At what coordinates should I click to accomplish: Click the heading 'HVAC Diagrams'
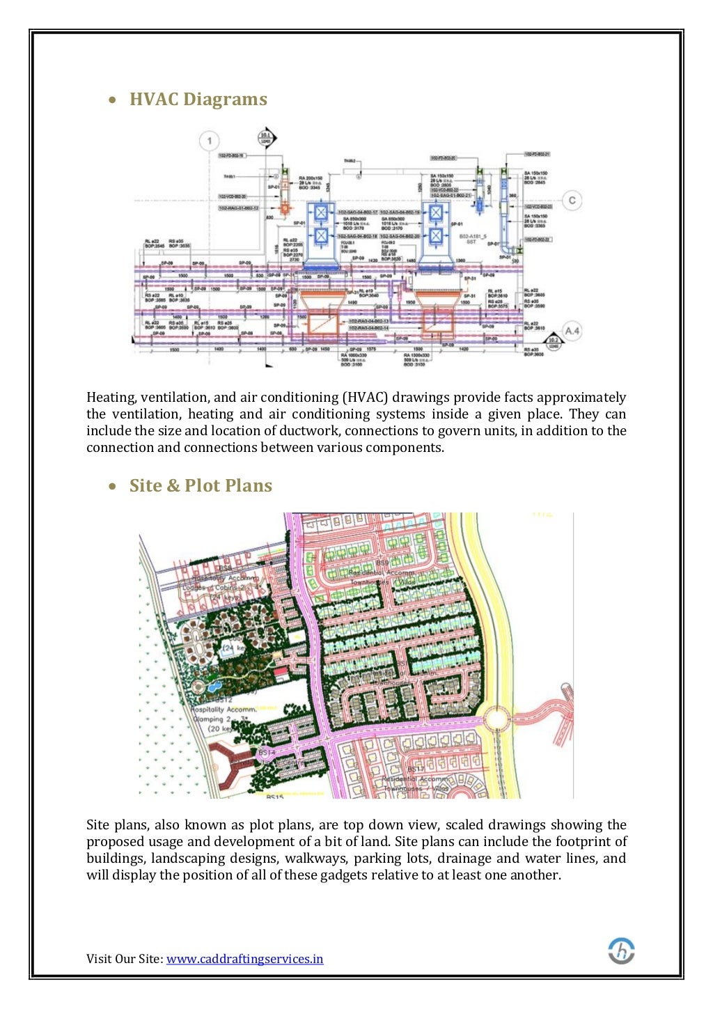(x=198, y=100)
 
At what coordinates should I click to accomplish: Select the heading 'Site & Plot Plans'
(x=201, y=486)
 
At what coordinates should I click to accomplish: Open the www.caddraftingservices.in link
(x=244, y=959)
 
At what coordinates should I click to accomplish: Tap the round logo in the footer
(x=621, y=951)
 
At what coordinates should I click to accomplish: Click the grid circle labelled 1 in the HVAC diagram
(x=210, y=141)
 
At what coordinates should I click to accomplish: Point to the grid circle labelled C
(x=572, y=201)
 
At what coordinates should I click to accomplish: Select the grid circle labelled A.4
(x=572, y=330)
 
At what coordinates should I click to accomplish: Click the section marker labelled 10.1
(x=267, y=138)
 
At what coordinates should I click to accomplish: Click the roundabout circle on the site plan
(x=496, y=719)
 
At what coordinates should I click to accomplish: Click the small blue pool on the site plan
(x=210, y=687)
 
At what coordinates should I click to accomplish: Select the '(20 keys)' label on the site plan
(x=223, y=729)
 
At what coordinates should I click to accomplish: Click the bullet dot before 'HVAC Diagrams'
(x=113, y=100)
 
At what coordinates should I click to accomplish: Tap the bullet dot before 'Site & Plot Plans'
(x=113, y=487)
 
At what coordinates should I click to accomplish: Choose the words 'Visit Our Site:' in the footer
(x=125, y=959)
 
